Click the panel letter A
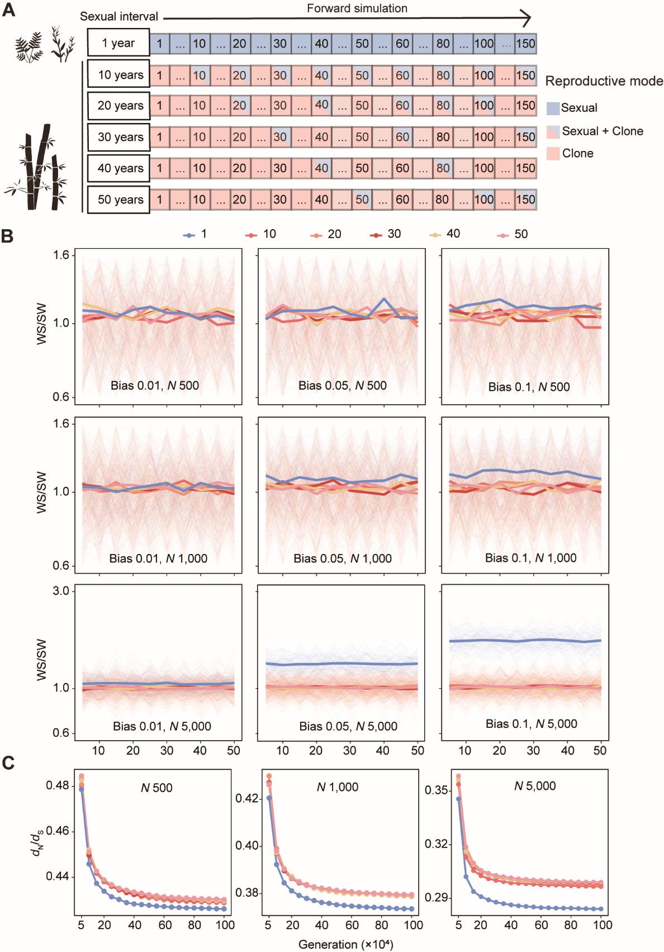click(8, 10)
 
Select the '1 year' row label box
click(118, 43)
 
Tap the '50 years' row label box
click(118, 200)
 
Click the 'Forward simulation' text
click(357, 8)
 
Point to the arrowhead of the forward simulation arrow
click(525, 18)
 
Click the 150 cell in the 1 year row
click(525, 43)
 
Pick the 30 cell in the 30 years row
click(280, 137)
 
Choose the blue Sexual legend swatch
click(553, 108)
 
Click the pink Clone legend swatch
click(553, 154)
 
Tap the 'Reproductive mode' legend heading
click(604, 81)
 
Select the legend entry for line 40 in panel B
click(445, 234)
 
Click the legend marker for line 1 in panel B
click(189, 235)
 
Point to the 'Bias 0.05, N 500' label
click(342, 385)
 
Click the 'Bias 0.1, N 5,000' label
click(531, 724)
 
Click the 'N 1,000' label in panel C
click(337, 787)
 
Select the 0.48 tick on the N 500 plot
click(57, 785)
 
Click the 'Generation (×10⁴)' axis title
click(345, 944)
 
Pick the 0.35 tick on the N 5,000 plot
click(437, 790)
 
